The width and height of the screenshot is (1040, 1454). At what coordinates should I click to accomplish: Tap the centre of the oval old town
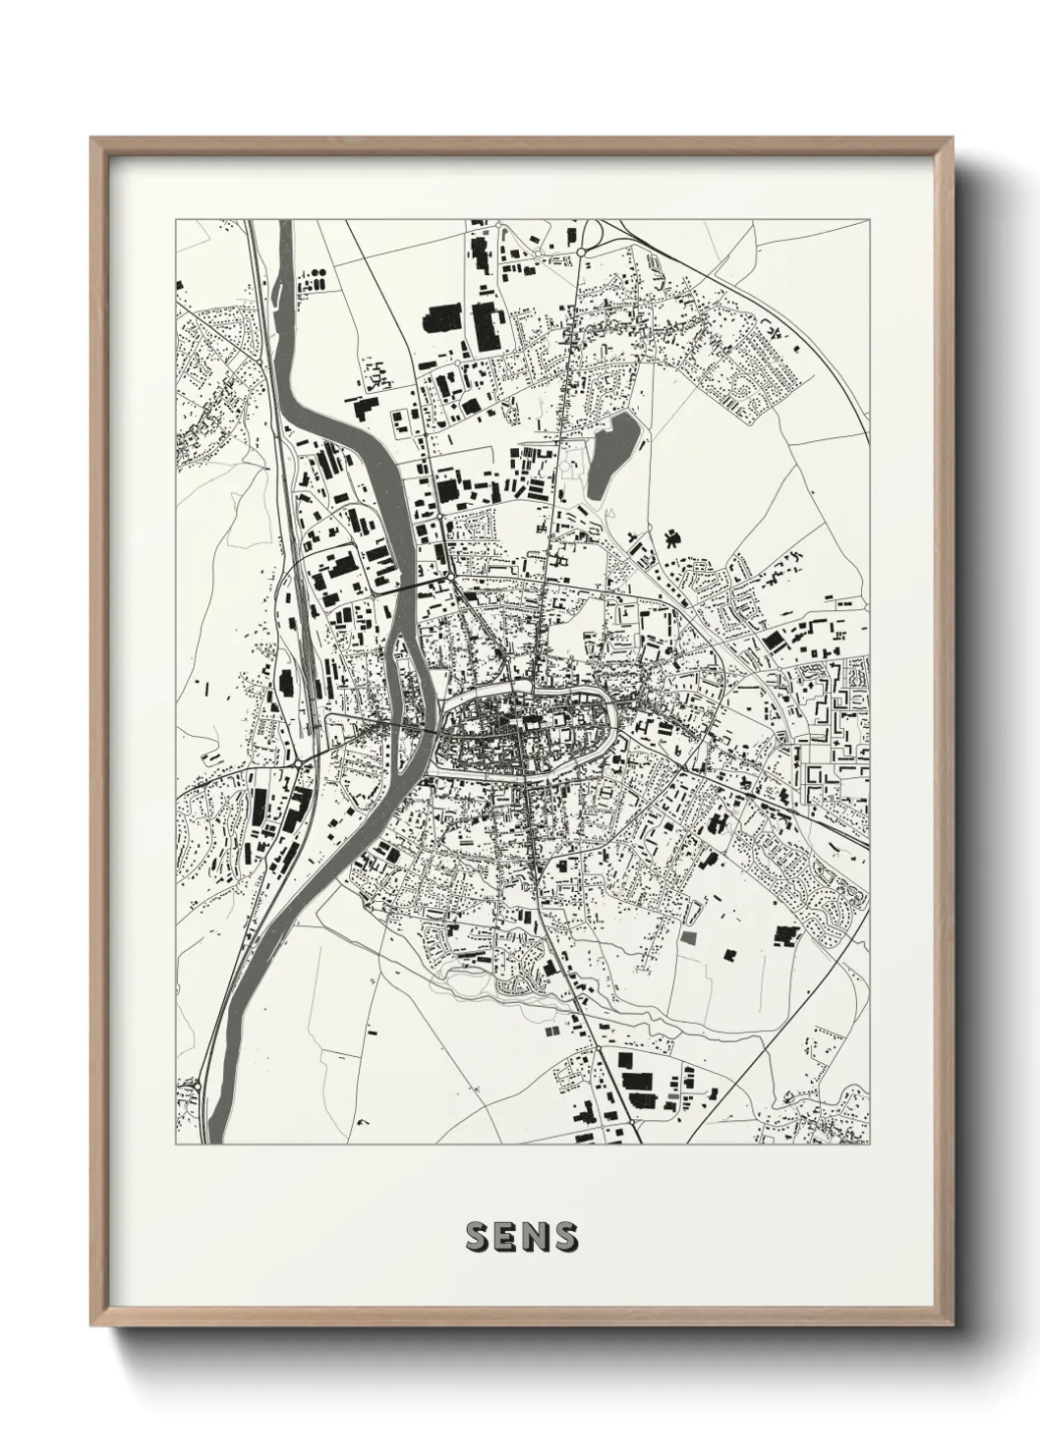click(x=524, y=730)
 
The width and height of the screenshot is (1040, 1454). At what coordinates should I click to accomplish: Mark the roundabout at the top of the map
click(x=582, y=252)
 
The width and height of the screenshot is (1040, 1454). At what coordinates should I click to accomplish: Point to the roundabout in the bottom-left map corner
click(x=199, y=1085)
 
